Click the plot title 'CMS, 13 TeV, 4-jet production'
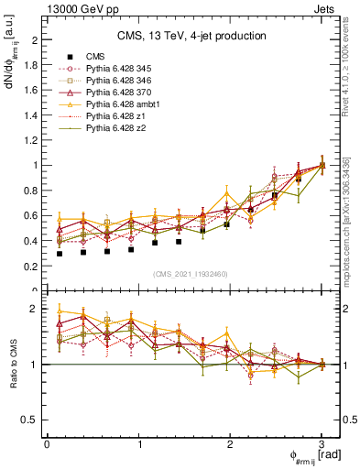tap(191, 37)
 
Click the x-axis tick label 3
tap(322, 443)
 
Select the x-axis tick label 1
tap(138, 443)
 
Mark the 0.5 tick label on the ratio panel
tap(31, 420)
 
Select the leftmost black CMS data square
tap(60, 254)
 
